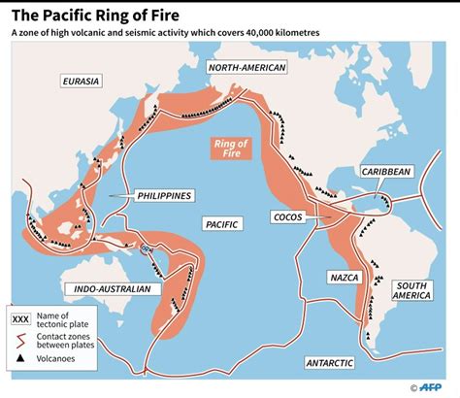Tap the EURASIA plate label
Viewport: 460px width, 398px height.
pos(80,81)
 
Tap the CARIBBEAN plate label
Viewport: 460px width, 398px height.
pos(387,171)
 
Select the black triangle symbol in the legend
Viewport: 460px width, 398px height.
pos(20,358)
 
